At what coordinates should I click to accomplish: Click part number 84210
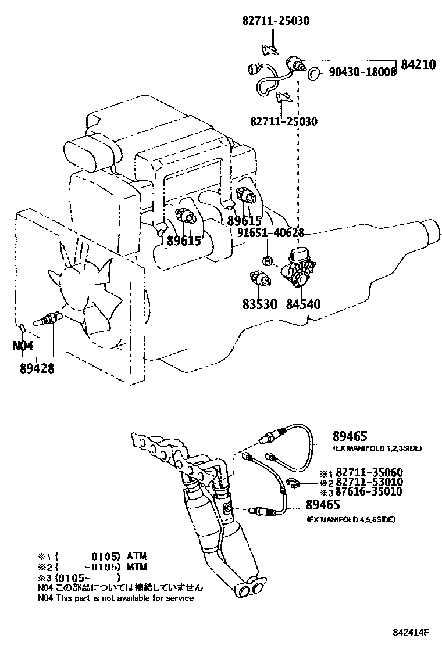(x=418, y=64)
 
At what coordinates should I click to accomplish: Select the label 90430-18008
(x=363, y=72)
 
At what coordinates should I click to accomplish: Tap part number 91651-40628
(x=270, y=233)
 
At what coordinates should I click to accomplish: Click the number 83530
(x=260, y=304)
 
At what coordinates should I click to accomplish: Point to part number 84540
(x=303, y=304)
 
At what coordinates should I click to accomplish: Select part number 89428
(x=37, y=368)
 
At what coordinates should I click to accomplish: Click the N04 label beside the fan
(x=23, y=345)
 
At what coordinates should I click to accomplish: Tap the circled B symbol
(x=267, y=260)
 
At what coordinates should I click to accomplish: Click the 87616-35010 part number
(x=369, y=491)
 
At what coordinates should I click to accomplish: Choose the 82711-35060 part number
(x=369, y=472)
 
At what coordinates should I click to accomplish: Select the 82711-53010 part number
(x=369, y=482)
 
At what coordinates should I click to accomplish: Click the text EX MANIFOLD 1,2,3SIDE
(x=377, y=448)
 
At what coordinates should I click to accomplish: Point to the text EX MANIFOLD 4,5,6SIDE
(x=351, y=519)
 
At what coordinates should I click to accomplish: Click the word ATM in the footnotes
(x=137, y=556)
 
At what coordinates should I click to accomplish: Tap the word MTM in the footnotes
(x=137, y=567)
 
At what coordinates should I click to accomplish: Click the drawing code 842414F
(x=410, y=632)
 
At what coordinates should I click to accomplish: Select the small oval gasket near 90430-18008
(x=315, y=73)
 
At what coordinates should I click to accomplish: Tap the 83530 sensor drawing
(x=260, y=279)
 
